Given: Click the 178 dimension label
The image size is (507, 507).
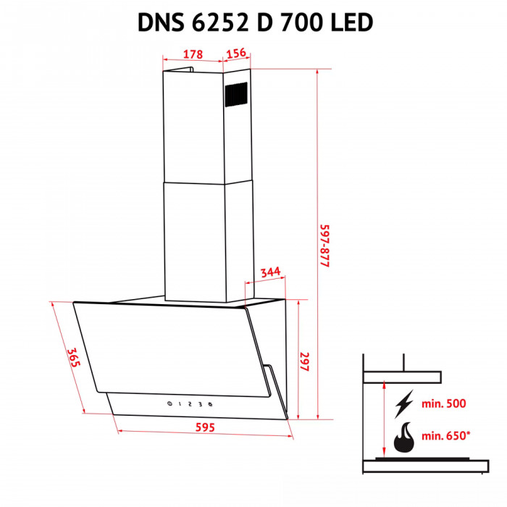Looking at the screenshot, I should click(192, 54).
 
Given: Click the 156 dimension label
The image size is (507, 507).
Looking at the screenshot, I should click(237, 54).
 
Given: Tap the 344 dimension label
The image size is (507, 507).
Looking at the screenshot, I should click(269, 272).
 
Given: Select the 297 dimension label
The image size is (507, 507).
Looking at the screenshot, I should click(306, 362).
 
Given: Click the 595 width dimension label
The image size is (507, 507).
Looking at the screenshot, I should click(206, 427).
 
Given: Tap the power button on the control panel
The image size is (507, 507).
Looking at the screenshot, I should click(169, 404).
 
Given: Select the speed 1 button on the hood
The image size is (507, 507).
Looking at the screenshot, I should click(180, 404).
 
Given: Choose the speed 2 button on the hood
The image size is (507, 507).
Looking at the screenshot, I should click(189, 404).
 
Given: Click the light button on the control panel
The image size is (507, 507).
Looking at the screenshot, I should click(210, 404).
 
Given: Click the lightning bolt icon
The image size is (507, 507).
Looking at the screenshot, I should click(404, 403).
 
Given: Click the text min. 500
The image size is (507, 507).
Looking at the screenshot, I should click(444, 403).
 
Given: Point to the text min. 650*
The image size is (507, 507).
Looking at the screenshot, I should click(446, 437).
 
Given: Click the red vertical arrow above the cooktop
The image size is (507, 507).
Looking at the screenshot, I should click(382, 420).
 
